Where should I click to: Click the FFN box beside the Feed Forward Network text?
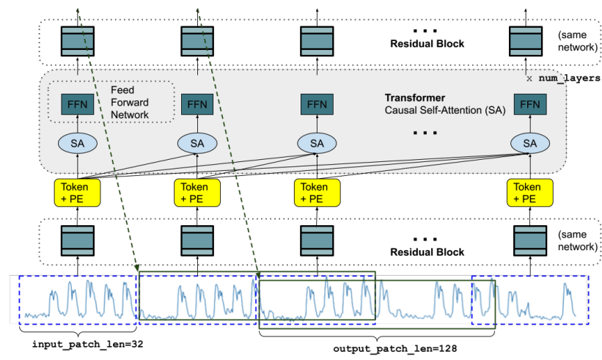pos(77,104)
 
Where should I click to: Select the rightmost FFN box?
pos(527,104)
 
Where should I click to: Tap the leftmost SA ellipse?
pos(77,143)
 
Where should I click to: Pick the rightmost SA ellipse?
pos(527,143)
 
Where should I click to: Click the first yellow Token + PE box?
pos(77,192)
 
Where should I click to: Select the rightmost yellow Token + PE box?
pos(527,192)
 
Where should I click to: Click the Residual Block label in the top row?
pos(427,44)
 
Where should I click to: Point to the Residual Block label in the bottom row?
pos(427,251)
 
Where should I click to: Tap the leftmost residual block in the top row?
pos(77,40)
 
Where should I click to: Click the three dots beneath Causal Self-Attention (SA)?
pos(425,133)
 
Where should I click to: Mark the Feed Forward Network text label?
pos(129,102)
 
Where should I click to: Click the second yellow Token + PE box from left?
pos(197,192)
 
